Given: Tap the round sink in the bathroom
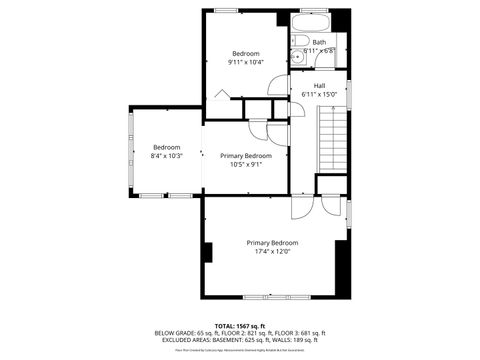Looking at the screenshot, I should [298, 57].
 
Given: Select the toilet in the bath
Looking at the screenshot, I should [299, 42].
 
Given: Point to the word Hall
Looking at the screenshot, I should [319, 85].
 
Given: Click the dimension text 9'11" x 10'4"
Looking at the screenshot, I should [247, 62].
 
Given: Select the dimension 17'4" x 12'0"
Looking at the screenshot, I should [272, 251].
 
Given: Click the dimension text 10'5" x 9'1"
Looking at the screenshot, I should [246, 165].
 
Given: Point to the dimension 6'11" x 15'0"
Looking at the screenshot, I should [319, 94].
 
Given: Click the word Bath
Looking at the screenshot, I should [319, 42].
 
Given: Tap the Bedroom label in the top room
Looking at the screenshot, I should [247, 53].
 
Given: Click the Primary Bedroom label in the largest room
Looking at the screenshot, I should [272, 242].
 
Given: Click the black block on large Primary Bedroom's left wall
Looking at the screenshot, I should [207, 252].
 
